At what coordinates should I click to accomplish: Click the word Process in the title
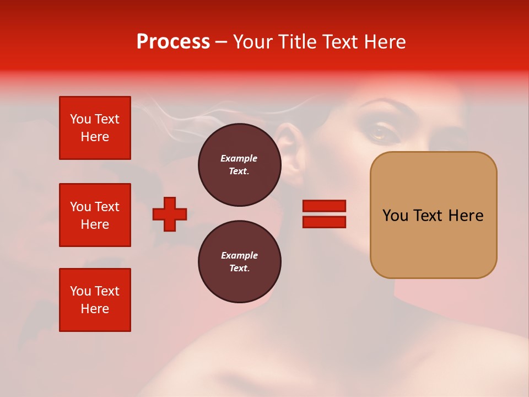[x=173, y=42]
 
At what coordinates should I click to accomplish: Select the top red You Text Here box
[x=95, y=128]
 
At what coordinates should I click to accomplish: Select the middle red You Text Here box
[x=95, y=215]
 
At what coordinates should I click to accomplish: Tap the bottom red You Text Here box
[x=95, y=300]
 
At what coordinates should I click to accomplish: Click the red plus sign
[x=170, y=214]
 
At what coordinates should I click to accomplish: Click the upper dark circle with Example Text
[x=239, y=165]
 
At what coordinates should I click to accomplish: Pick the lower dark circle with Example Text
[x=239, y=262]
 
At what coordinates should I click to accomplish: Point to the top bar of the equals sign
[x=324, y=206]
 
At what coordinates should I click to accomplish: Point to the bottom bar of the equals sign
[x=324, y=222]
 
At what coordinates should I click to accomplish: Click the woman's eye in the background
[x=379, y=132]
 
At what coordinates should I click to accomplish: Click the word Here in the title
[x=384, y=42]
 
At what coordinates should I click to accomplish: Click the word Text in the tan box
[x=428, y=216]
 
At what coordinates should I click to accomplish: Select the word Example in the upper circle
[x=239, y=158]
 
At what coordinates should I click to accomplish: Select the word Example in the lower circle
[x=239, y=255]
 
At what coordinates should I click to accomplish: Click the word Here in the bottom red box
[x=95, y=309]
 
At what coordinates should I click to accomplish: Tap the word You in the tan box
[x=395, y=216]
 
